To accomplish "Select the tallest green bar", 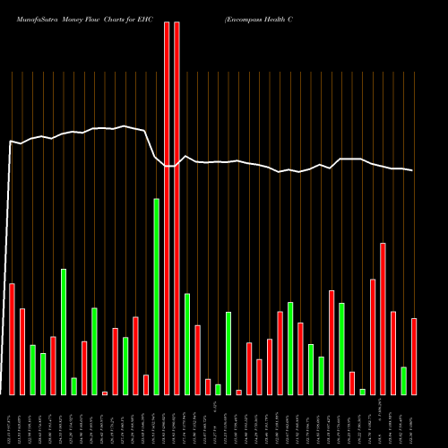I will (x=156, y=296).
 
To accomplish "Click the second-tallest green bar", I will (x=64, y=332).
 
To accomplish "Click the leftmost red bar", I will (x=12, y=339).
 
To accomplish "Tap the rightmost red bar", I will (x=414, y=356).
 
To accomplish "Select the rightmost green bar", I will (x=403, y=381).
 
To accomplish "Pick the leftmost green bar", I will (x=32, y=369).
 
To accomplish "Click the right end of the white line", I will (x=413, y=170).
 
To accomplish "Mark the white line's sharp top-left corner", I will (x=11, y=141).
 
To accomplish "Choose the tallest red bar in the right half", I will (x=383, y=318).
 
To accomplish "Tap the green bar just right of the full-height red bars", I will (x=187, y=343).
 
